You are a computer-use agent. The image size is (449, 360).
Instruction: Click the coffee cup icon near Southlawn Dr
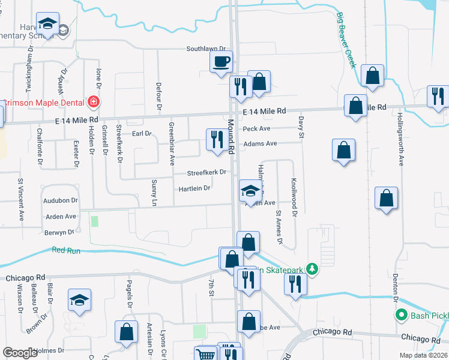point(221,61)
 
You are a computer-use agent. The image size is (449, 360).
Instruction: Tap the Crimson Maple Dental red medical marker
point(92,103)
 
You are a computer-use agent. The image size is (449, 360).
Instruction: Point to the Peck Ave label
point(256,128)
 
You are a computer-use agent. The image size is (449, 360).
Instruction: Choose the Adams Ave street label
point(260,143)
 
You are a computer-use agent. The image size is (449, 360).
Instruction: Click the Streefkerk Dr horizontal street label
point(206,172)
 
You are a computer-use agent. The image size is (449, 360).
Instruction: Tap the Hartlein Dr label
point(194,188)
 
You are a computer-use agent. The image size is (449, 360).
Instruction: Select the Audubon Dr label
point(61,200)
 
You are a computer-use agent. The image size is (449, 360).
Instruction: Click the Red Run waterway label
point(66,250)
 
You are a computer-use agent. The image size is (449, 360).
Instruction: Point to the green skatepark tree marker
point(311,269)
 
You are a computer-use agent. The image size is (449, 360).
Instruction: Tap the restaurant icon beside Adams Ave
point(215,139)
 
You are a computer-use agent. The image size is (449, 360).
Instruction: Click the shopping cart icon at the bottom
point(205,355)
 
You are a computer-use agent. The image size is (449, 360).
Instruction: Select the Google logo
point(20,353)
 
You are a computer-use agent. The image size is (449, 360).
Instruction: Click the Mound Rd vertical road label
point(231,136)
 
